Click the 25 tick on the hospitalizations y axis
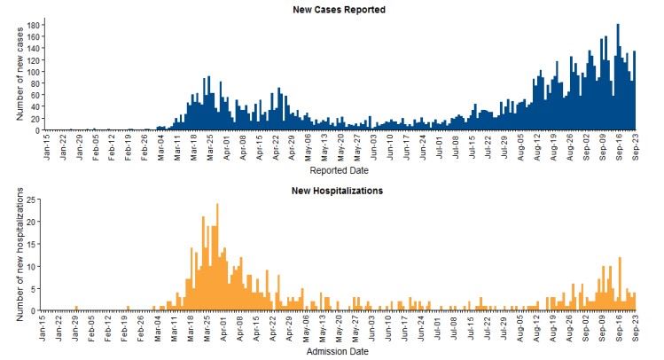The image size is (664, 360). coord(32,200)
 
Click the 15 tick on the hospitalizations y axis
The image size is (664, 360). coord(32,244)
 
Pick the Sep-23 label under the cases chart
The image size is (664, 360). coord(635,145)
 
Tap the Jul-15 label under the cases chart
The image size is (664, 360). coord(472,145)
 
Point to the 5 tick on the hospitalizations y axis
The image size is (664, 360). coord(35,288)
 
